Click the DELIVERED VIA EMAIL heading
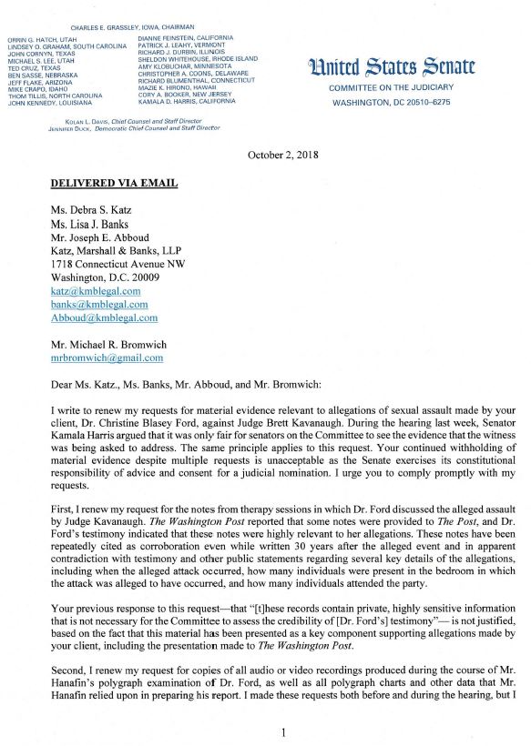(x=114, y=183)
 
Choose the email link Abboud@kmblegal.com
(x=104, y=318)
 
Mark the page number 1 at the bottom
(x=284, y=732)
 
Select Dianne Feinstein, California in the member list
(x=186, y=38)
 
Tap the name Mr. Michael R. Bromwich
(x=113, y=345)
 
